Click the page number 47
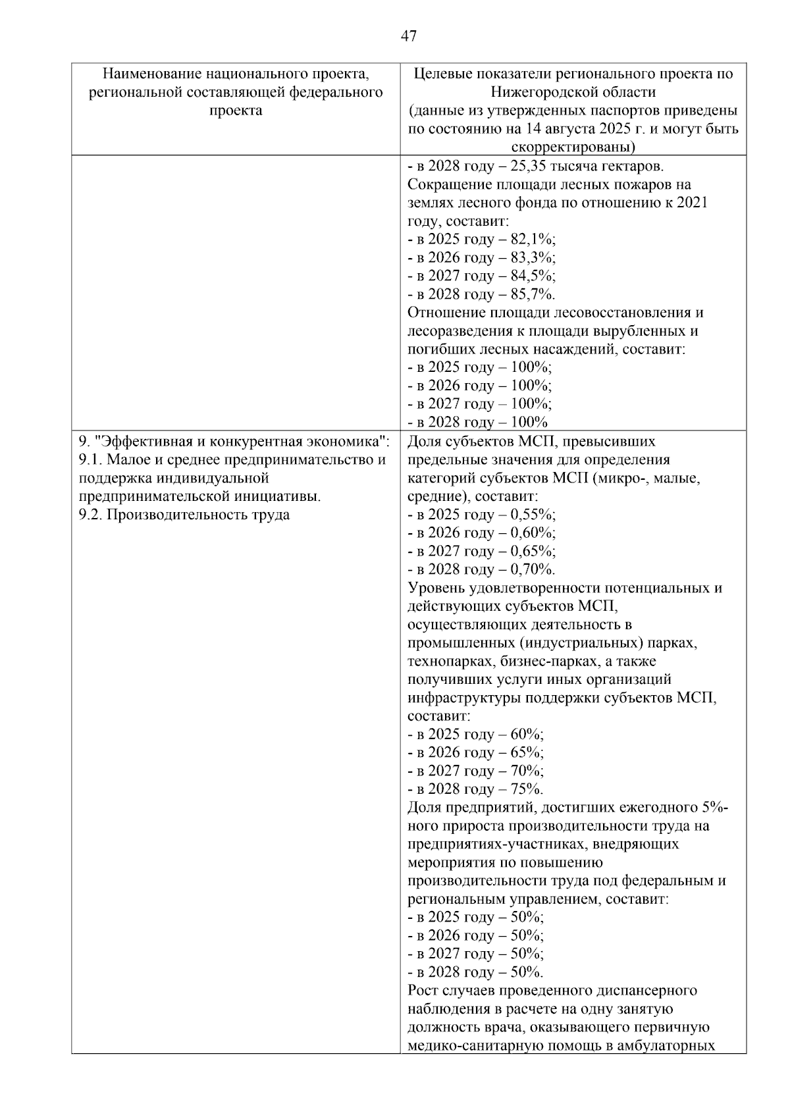click(408, 36)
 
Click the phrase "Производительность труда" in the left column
click(198, 515)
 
